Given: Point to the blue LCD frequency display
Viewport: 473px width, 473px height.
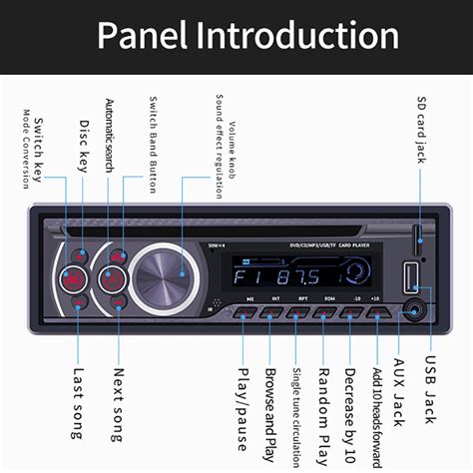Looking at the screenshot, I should coord(285,276).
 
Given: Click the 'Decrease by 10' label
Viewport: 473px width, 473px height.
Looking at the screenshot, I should coord(350,405).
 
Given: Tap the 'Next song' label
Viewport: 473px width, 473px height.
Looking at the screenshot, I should coord(117,405).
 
